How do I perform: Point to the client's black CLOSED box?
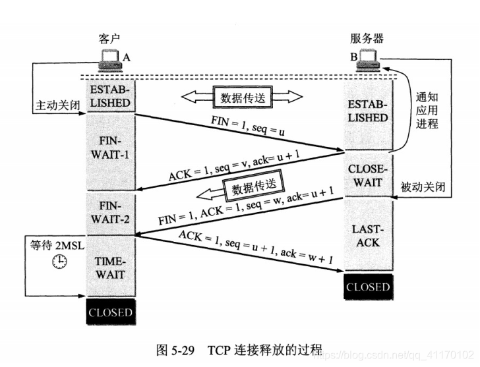click(111, 312)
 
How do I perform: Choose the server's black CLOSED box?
click(368, 287)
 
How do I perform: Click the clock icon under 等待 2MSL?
click(59, 261)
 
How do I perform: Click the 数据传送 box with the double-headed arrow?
click(241, 99)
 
